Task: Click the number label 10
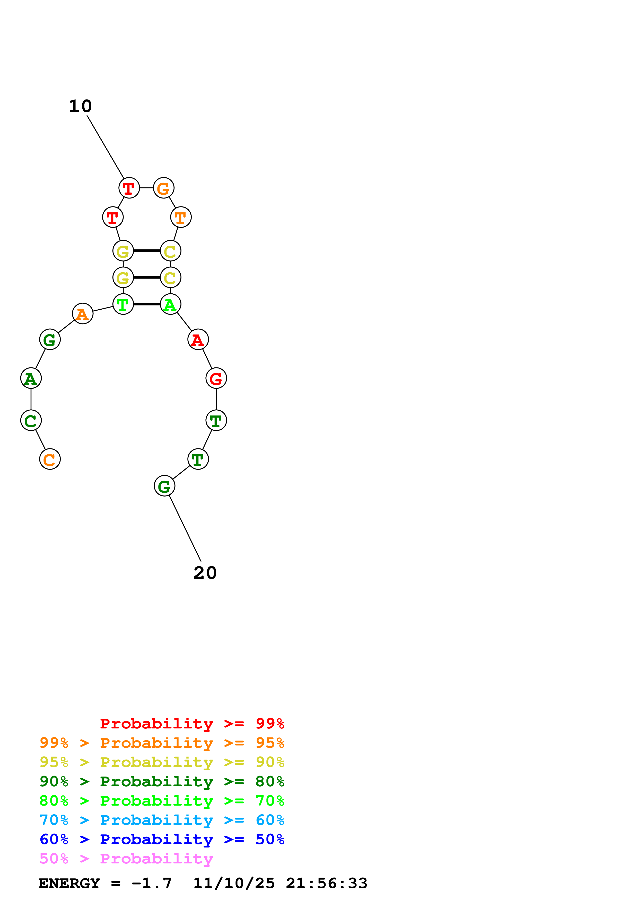(80, 106)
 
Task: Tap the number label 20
(205, 573)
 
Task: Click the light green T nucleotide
(123, 304)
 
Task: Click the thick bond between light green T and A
(147, 304)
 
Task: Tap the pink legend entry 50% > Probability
(126, 859)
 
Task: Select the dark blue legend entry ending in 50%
(162, 840)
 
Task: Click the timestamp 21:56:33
(326, 883)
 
